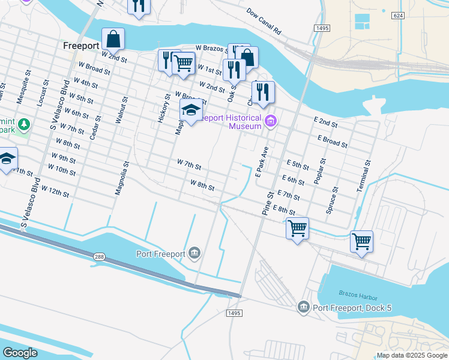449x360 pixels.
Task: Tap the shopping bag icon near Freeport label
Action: [x=113, y=39]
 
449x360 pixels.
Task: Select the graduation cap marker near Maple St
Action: [x=191, y=110]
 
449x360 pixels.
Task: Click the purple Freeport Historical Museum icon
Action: [x=270, y=122]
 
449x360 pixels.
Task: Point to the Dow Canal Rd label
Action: [x=264, y=21]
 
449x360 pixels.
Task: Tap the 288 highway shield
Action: [x=99, y=257]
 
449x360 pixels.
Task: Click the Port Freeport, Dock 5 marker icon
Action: [x=304, y=308]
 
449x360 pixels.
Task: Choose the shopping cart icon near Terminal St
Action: [x=361, y=241]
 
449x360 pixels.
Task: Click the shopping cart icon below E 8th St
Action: [x=297, y=228]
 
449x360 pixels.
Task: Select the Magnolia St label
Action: [x=122, y=178]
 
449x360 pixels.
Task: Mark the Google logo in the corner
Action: [x=19, y=353]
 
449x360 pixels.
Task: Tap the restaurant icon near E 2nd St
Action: [x=262, y=92]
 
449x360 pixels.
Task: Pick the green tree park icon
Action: [x=23, y=125]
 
